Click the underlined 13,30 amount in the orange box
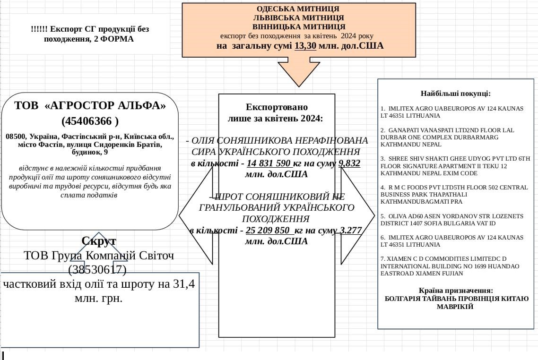(x=305, y=46)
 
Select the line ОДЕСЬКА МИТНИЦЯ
(x=298, y=9)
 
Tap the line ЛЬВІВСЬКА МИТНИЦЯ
(x=298, y=18)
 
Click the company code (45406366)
(x=90, y=121)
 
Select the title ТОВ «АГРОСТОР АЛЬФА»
(x=90, y=105)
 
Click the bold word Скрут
(x=99, y=241)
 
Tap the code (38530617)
(x=97, y=270)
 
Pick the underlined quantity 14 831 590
(x=269, y=163)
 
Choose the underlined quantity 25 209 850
(x=268, y=231)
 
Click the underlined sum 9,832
(x=349, y=163)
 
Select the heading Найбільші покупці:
(x=456, y=94)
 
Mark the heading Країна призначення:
(x=456, y=291)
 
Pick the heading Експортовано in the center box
(x=277, y=107)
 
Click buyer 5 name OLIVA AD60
(x=402, y=216)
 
